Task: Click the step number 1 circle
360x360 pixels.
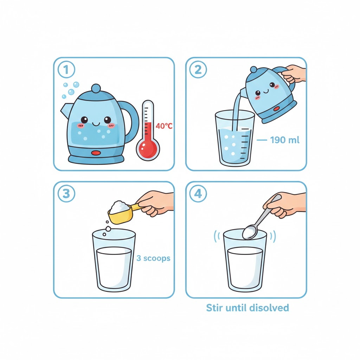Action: point(67,70)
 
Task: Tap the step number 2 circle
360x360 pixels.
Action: point(198,70)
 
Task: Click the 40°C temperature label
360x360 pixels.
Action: point(164,126)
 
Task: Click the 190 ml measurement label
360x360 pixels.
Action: point(284,140)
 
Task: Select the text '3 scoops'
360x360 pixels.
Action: point(153,258)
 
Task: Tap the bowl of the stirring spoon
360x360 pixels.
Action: point(250,233)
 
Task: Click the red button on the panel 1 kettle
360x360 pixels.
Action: point(96,153)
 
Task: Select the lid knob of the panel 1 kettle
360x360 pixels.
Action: point(96,88)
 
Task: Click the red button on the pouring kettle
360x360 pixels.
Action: point(277,108)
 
